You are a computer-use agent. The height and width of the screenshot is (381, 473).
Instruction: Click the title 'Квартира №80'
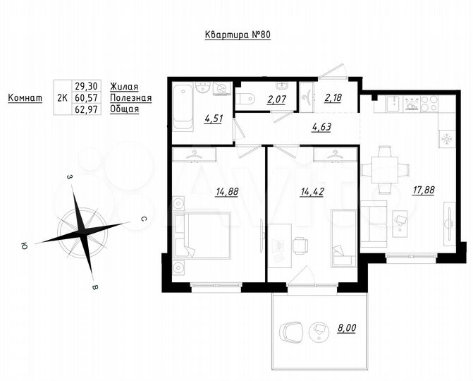[x=238, y=36]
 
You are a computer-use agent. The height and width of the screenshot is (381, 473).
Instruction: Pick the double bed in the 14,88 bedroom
[x=202, y=235]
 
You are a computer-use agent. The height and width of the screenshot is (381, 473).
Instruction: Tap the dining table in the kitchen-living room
[x=385, y=170]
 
